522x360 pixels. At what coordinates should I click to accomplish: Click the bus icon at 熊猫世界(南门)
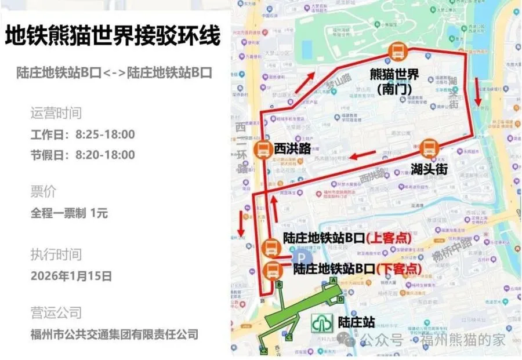point(397,52)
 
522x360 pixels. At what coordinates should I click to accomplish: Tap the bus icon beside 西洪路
point(263,149)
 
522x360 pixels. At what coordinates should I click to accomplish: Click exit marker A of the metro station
point(333,280)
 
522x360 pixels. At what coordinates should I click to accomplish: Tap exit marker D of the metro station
point(341,299)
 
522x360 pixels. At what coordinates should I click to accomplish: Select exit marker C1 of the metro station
point(290,336)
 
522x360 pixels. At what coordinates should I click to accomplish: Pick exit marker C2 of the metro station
point(264,350)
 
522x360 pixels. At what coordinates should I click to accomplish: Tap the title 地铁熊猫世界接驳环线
point(113,37)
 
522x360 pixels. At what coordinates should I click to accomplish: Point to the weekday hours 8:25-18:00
point(105,134)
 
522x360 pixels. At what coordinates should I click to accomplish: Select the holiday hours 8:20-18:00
point(105,155)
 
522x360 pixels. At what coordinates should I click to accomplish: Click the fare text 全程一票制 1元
point(70,213)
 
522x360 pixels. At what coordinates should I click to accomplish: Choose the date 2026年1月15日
point(71,276)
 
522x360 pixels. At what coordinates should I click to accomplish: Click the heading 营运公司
point(56,312)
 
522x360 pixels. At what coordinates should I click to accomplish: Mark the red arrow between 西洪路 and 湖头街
point(364,155)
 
